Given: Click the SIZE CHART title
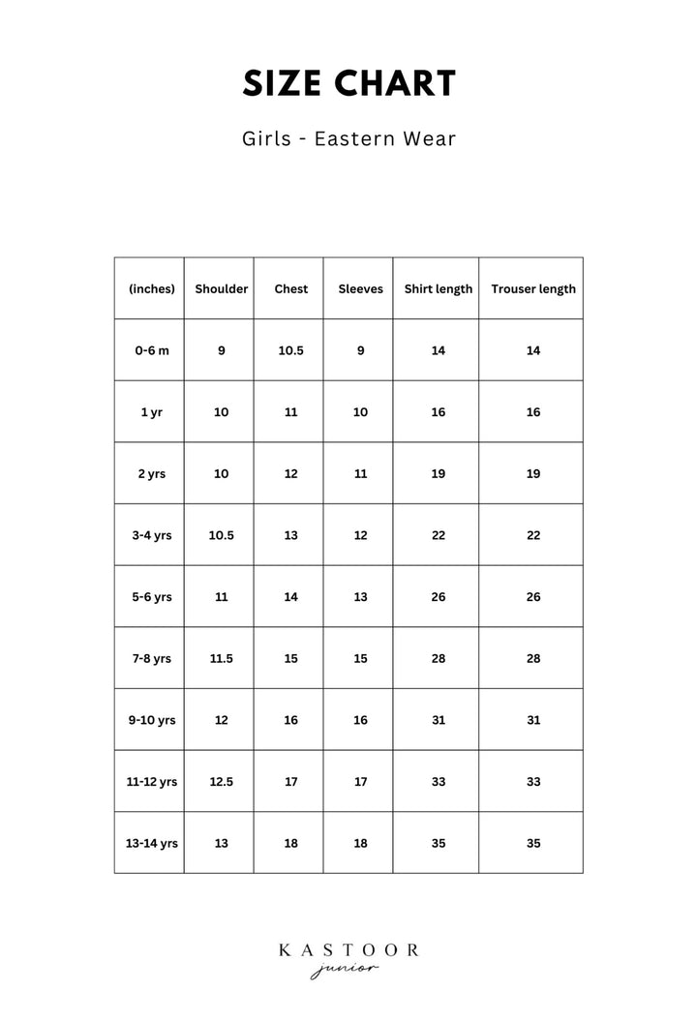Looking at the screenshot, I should (348, 84).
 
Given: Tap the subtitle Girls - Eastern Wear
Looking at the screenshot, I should (348, 138).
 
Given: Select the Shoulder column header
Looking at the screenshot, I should (221, 288).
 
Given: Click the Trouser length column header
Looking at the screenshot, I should (532, 288).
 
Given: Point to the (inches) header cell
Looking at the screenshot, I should (151, 288).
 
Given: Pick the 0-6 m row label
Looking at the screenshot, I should (151, 350).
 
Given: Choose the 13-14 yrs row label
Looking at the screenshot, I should (151, 843).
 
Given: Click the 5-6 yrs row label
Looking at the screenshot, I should (151, 597).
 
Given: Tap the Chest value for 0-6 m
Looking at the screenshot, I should (290, 350).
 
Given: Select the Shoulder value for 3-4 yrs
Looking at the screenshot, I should (221, 535).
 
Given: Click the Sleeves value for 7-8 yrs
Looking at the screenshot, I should (360, 658).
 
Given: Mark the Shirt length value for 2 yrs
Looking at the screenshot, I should (438, 473).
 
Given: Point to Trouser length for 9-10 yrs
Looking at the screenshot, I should (532, 720).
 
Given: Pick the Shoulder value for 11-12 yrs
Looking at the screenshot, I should (221, 781).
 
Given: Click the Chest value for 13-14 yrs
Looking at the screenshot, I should (290, 843).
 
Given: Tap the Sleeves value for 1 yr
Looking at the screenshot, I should (360, 412).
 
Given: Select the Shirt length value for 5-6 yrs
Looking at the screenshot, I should (438, 597).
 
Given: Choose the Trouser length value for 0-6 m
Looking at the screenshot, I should (532, 350).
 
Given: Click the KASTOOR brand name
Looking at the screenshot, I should (348, 950).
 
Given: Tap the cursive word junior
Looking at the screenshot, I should (345, 971).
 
